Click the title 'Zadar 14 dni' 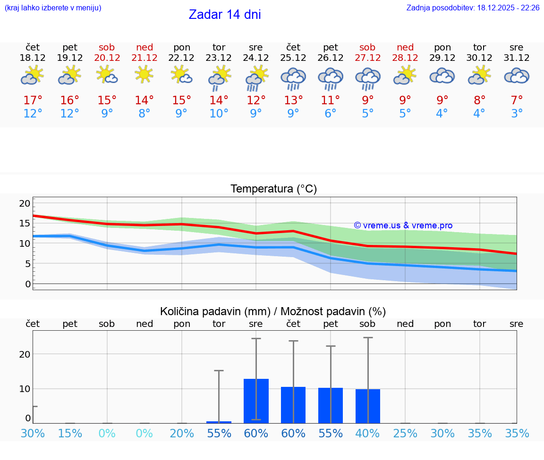click(225, 15)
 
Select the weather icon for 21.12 click(144, 74)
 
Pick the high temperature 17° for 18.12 click(33, 100)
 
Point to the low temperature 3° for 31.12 click(517, 114)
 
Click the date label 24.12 click(256, 58)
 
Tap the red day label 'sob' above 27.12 click(367, 47)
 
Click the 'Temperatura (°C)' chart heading click(273, 189)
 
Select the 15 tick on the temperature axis click(25, 223)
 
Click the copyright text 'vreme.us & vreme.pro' click(403, 226)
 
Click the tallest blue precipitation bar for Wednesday click(256, 401)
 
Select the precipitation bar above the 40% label click(368, 406)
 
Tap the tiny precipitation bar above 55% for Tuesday click(219, 422)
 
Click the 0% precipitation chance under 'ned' click(144, 434)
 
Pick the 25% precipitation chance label click(405, 434)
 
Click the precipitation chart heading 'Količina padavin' click(273, 311)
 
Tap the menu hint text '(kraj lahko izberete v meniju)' click(53, 8)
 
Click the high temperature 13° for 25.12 click(293, 100)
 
